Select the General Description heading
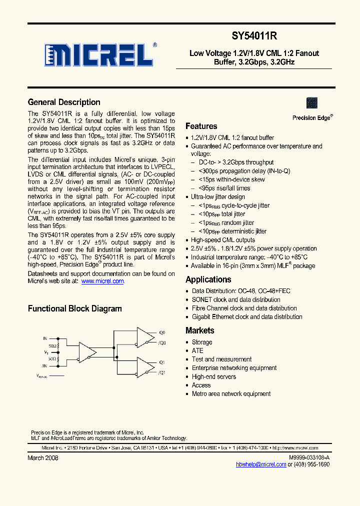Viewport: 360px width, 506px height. (x=64, y=102)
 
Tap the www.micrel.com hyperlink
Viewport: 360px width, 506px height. (x=102, y=281)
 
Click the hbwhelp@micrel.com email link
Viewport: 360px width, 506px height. (x=261, y=464)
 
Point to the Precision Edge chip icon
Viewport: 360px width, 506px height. (x=312, y=103)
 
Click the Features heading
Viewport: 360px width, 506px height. (x=201, y=126)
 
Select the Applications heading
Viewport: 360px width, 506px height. (x=208, y=279)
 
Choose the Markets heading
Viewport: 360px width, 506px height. (x=200, y=330)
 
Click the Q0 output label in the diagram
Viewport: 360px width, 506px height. (x=162, y=332)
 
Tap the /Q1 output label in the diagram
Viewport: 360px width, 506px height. (x=162, y=372)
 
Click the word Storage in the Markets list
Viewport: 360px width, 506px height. (x=202, y=342)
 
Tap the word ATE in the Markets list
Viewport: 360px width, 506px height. (x=197, y=350)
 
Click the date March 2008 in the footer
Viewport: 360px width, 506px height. (x=42, y=458)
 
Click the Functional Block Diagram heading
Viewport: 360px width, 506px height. (x=75, y=308)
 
